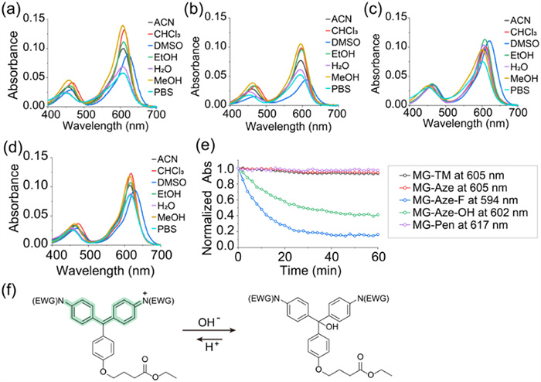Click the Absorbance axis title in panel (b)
pyautogui.click(x=192, y=63)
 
